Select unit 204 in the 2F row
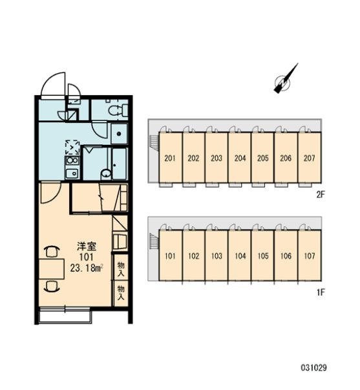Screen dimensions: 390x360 (240, 158)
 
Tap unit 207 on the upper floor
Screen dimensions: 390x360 (309, 158)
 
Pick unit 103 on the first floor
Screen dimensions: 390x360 (217, 255)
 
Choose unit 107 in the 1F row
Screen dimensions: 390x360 (309, 255)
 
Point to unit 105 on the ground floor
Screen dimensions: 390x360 (263, 255)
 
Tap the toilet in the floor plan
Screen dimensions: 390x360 (116, 111)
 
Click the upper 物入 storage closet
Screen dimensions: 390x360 (120, 268)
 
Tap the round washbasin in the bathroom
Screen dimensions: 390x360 (104, 173)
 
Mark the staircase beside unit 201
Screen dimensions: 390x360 (153, 142)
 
